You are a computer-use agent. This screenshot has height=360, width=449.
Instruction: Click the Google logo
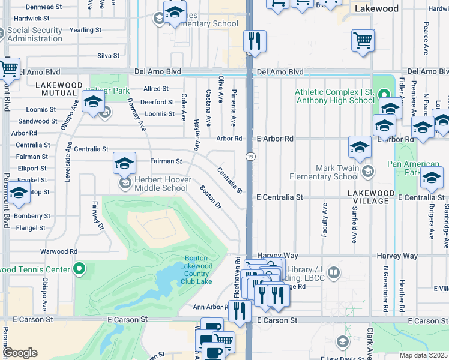(x=20, y=353)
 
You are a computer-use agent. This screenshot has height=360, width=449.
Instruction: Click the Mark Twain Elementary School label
(x=324, y=172)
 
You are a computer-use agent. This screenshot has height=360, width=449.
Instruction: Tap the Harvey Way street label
(x=397, y=256)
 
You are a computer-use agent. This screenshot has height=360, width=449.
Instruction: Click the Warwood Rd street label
(x=58, y=251)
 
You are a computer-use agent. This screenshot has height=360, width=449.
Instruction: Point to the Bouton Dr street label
(x=211, y=197)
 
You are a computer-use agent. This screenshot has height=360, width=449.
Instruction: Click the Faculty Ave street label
(x=324, y=220)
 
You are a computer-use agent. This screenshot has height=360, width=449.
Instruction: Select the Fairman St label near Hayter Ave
(x=166, y=161)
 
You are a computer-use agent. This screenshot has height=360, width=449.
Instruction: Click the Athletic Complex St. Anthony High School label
(x=334, y=96)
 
